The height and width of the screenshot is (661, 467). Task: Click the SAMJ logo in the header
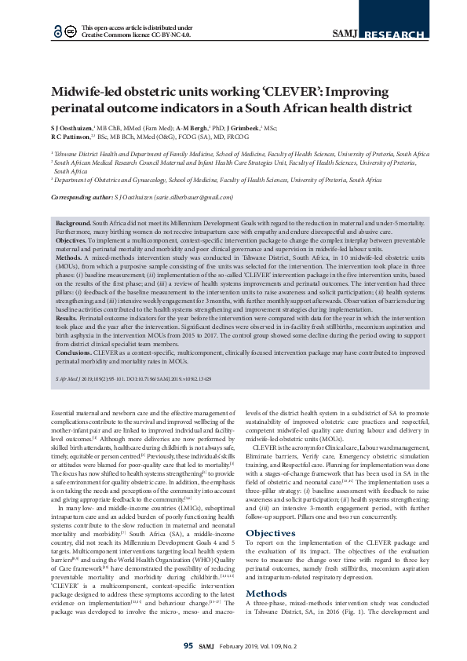coord(345,33)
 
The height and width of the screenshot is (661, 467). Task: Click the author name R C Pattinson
coord(72,137)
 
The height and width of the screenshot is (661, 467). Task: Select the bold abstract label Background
coord(73,224)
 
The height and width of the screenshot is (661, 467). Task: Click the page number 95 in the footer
coord(188,646)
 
